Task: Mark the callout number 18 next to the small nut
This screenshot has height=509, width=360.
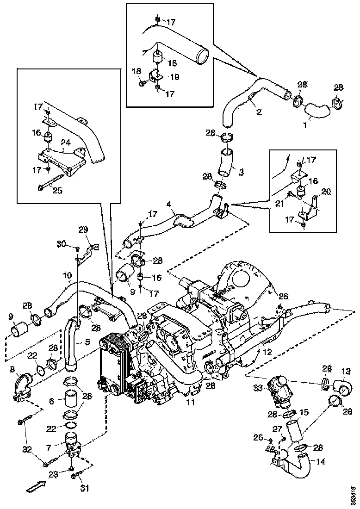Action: pos(136,71)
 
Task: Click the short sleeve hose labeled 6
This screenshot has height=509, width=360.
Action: pos(71,398)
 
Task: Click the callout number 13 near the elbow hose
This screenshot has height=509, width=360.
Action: pos(346,371)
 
